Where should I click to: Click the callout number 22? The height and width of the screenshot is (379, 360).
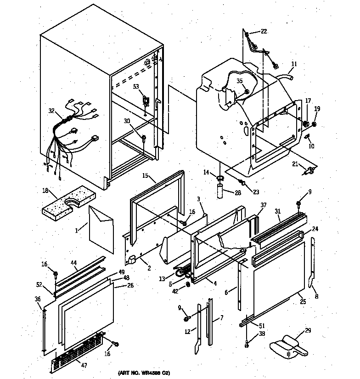click(264, 31)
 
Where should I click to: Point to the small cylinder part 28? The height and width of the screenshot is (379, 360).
click(220, 189)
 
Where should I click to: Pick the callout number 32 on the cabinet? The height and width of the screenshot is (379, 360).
click(51, 111)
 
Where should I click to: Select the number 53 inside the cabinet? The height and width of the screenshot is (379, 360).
click(136, 86)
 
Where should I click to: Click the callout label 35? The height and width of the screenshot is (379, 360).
click(239, 81)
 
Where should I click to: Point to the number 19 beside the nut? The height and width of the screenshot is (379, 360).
click(317, 109)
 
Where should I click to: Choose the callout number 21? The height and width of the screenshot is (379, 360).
click(295, 164)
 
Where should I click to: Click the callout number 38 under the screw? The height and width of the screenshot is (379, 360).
click(261, 335)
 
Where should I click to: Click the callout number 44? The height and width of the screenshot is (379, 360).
click(73, 263)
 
